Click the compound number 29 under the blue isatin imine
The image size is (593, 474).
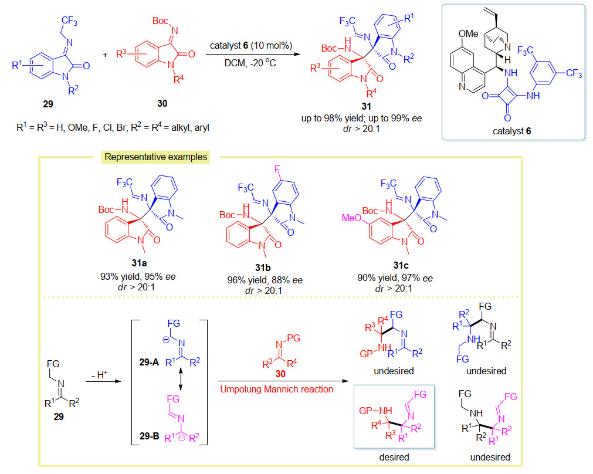pos(48,104)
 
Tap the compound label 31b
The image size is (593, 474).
pos(263,268)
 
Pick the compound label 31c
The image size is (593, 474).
pos(401,265)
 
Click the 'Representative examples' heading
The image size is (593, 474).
pos(156,157)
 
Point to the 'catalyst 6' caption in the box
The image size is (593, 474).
pos(511,131)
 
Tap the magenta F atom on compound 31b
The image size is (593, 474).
pos(277,169)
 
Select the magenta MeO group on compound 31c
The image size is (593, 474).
pos(351,218)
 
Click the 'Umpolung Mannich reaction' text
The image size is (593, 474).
pos(276,390)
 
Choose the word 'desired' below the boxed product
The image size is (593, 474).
pos(394,457)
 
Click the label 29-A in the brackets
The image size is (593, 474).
pos(149,362)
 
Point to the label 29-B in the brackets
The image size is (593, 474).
pos(150,436)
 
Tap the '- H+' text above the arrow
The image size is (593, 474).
pos(100,374)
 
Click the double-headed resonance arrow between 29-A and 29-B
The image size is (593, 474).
pos(181,380)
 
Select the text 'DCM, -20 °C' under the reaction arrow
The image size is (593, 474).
pos(250,63)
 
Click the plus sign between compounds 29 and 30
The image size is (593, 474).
pos(105,55)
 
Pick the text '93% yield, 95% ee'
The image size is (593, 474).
pos(138,276)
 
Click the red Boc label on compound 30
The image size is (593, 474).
pos(160,21)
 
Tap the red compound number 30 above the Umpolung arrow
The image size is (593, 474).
pos(280,374)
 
